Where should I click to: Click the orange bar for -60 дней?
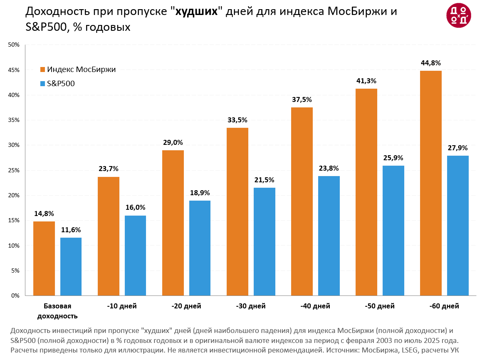(x=431, y=183)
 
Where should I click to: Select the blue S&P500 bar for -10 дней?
(x=135, y=256)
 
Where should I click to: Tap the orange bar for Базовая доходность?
(x=44, y=258)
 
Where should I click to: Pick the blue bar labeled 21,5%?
(x=264, y=241)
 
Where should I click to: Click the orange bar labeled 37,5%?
(x=302, y=201)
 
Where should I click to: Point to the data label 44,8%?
(x=431, y=63)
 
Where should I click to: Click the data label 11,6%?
(x=71, y=230)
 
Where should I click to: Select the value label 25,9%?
(x=393, y=158)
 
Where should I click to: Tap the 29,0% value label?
(x=173, y=142)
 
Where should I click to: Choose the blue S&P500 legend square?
(x=42, y=84)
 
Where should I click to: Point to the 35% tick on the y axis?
(x=15, y=120)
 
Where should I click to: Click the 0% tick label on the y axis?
(x=16, y=296)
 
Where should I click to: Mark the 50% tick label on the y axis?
(x=15, y=45)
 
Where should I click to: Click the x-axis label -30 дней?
(x=251, y=306)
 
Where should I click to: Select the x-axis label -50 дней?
(x=380, y=306)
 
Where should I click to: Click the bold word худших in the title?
(x=197, y=12)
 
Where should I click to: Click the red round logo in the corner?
(x=459, y=16)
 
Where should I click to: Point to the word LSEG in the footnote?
(x=410, y=350)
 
